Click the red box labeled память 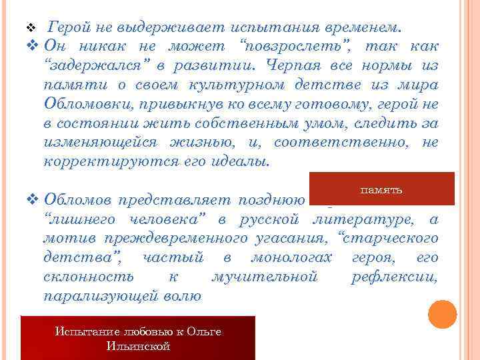click(381, 189)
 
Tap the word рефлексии click(394, 277)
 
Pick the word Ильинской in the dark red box click(138, 346)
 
